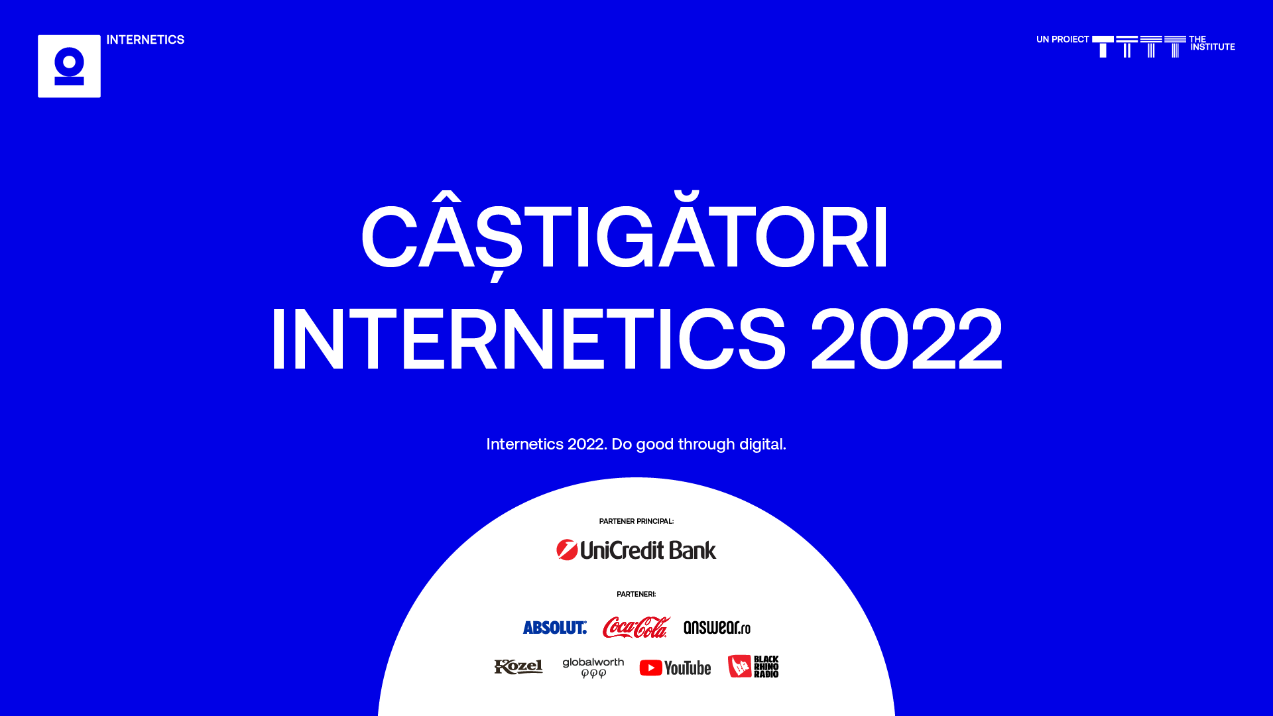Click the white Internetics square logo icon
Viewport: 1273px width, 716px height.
(69, 66)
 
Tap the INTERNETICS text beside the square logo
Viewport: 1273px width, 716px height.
(145, 40)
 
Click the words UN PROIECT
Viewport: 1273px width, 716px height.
(1062, 40)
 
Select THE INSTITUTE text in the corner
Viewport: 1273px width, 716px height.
(1212, 43)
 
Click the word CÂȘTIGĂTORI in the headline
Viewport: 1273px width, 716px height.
(625, 237)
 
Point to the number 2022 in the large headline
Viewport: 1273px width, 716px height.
(906, 339)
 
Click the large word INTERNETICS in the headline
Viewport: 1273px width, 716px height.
(528, 339)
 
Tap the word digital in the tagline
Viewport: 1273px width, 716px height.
(762, 444)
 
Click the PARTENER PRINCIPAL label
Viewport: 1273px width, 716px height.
(636, 522)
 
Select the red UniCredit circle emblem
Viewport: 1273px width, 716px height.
(567, 550)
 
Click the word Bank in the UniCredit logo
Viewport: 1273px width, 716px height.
(692, 550)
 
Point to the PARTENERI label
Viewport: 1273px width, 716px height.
(636, 595)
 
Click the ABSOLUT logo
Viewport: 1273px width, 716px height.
(554, 627)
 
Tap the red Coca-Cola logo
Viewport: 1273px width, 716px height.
(636, 627)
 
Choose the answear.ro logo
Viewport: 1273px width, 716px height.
(717, 627)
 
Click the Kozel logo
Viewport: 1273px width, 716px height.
(518, 667)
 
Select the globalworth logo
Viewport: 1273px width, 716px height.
(593, 667)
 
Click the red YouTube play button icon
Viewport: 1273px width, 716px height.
(650, 668)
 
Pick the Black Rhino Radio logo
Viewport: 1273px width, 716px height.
(753, 666)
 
